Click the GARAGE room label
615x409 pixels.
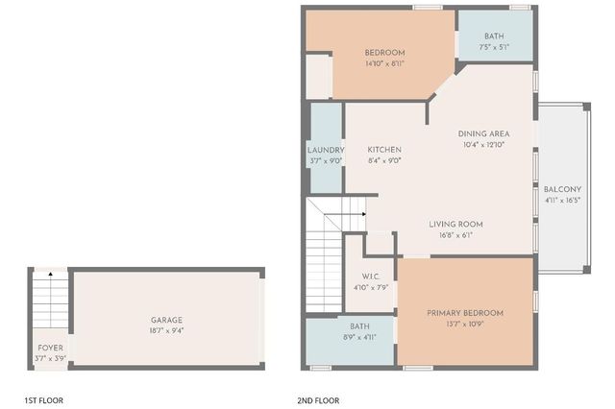click(166, 320)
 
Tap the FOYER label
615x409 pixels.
click(49, 348)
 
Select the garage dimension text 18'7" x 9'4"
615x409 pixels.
click(166, 330)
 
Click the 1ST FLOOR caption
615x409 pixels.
click(43, 399)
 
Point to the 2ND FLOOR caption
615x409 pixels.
click(318, 399)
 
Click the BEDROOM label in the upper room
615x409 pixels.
click(384, 52)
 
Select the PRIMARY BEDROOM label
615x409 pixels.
click(465, 313)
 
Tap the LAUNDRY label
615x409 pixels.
click(326, 150)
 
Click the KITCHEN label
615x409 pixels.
click(384, 150)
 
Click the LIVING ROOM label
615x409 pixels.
click(455, 224)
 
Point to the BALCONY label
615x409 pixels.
click(563, 189)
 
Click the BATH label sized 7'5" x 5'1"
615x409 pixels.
click(494, 36)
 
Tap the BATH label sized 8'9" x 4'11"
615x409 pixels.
click(359, 326)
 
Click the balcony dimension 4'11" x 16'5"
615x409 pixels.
click(563, 200)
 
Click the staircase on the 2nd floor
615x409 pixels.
click(325, 254)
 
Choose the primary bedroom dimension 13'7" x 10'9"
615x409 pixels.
click(465, 324)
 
